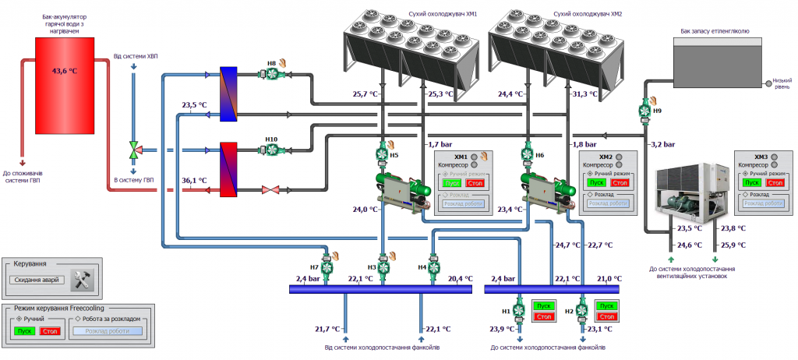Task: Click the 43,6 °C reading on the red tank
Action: point(64,71)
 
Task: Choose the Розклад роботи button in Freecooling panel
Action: point(107,330)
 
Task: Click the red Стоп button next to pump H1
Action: point(542,316)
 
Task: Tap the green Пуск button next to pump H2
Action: point(606,306)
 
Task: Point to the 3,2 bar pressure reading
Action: point(662,144)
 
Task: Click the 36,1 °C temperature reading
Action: point(194,180)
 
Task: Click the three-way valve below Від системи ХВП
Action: point(134,149)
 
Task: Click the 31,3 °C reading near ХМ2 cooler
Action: point(584,94)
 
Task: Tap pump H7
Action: point(327,268)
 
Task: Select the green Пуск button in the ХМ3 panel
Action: point(750,182)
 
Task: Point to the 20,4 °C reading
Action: point(460,278)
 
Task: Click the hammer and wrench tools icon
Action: point(82,280)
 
